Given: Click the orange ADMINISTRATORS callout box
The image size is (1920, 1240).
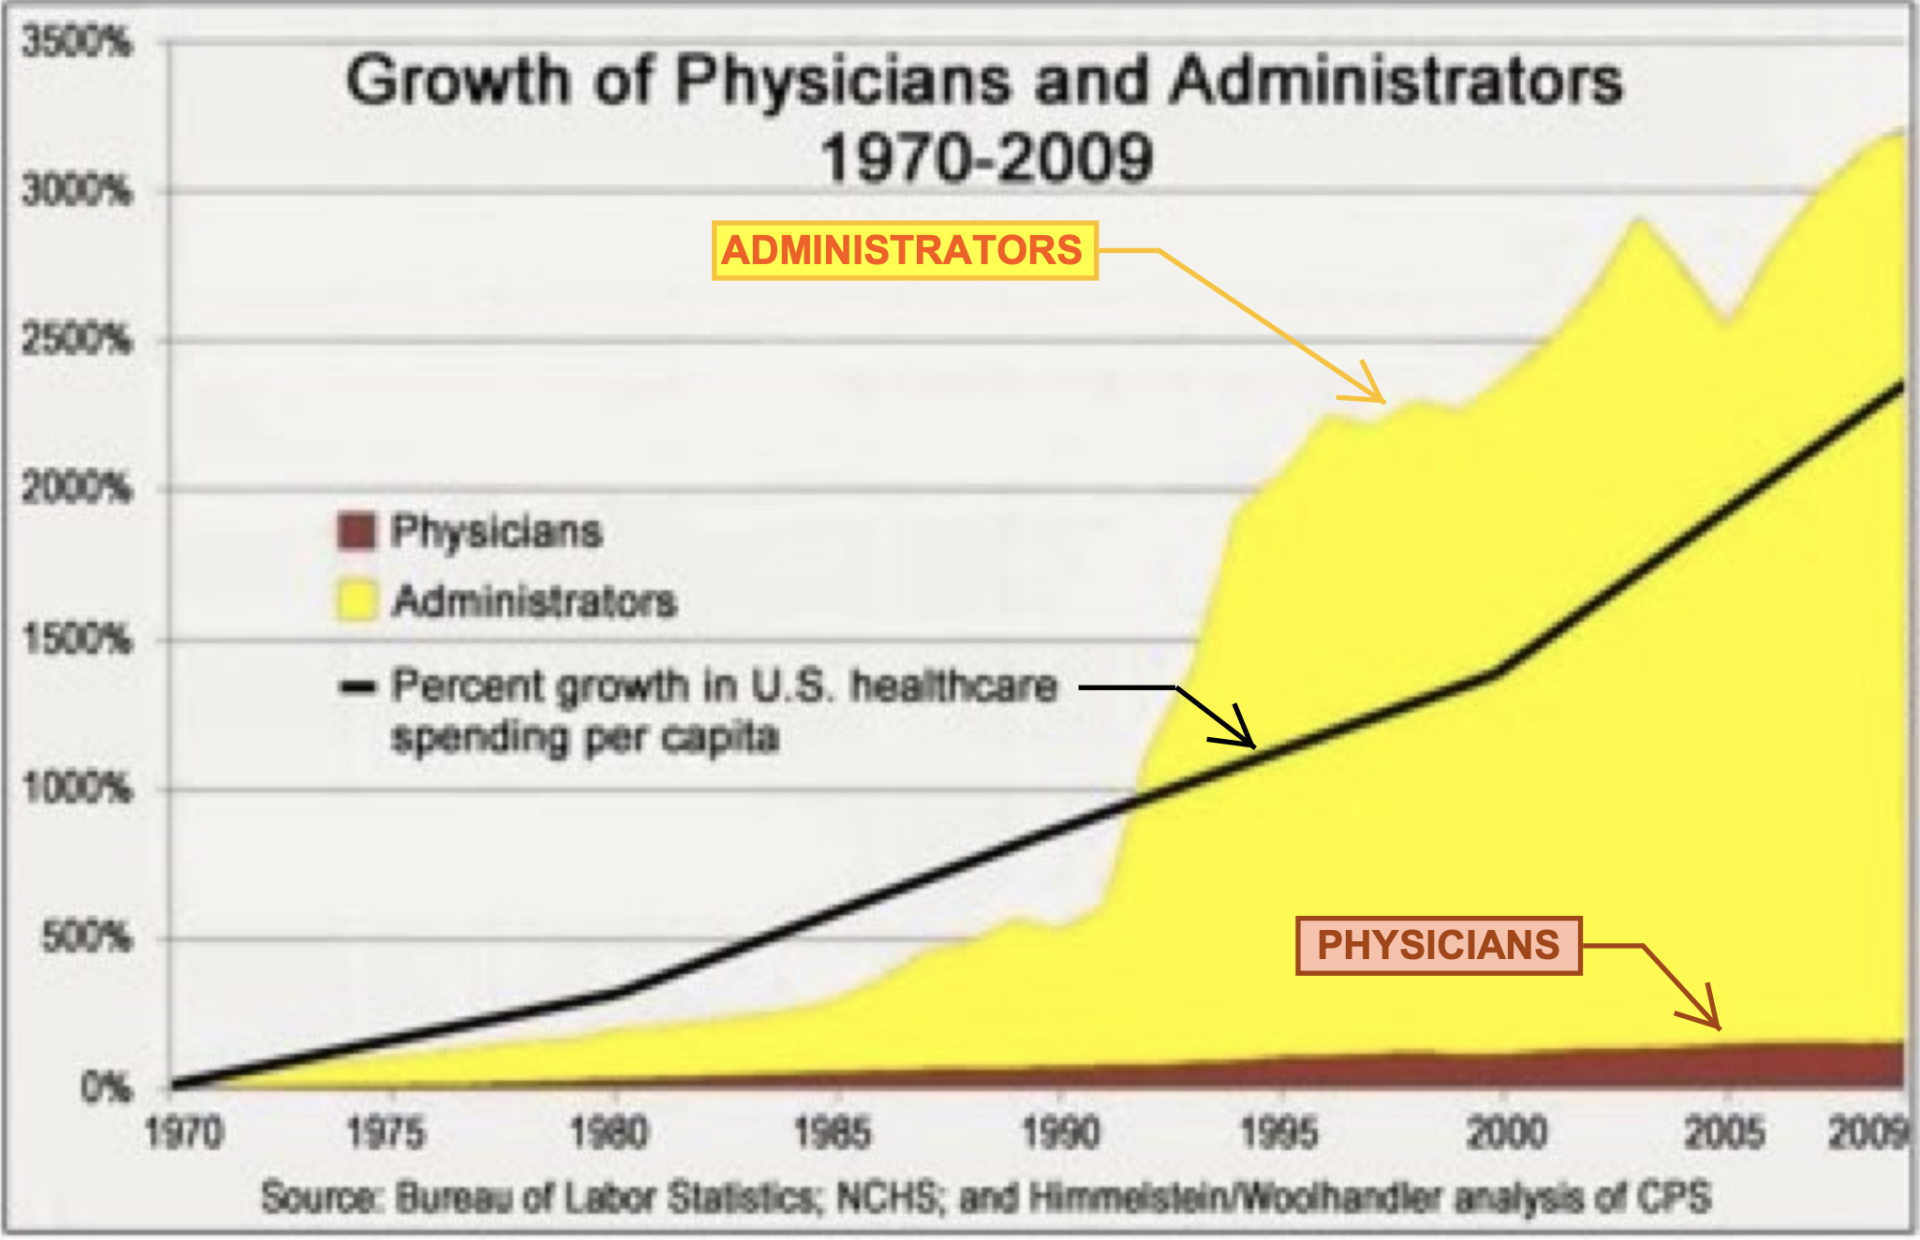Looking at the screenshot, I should (x=904, y=251).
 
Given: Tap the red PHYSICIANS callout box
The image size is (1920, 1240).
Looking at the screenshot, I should (x=1439, y=946).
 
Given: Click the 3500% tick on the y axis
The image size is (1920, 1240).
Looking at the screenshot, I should (x=77, y=42).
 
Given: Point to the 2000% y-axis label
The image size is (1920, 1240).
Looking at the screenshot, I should (x=77, y=489).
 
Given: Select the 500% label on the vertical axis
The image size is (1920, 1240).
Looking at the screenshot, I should (x=86, y=937).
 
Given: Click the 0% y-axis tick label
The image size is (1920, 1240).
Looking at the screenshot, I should (x=105, y=1087).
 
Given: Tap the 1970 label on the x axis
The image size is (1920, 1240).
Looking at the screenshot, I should (x=185, y=1134).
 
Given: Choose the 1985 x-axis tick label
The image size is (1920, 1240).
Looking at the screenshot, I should (x=832, y=1134).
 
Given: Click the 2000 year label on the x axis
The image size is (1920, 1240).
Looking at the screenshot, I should (x=1505, y=1134).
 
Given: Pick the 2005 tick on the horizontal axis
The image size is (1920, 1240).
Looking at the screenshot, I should (x=1725, y=1134).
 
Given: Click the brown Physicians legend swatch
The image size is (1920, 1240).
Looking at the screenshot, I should (x=356, y=531).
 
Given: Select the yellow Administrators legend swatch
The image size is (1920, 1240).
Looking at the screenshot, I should (x=356, y=600).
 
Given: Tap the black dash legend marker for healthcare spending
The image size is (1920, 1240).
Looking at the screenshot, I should (x=357, y=687).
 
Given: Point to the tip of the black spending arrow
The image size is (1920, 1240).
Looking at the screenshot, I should (x=1253, y=745).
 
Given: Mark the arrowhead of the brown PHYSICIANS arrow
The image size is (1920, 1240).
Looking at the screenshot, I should (x=1717, y=1027).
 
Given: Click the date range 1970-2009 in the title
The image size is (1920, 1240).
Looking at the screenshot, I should (x=985, y=157).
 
